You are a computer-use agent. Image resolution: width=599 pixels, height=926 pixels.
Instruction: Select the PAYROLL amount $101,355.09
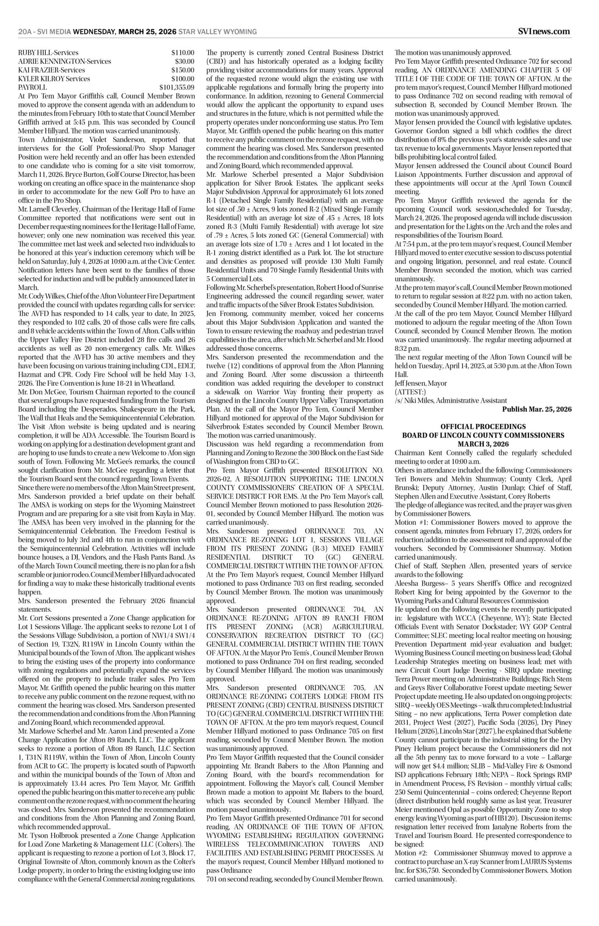177,87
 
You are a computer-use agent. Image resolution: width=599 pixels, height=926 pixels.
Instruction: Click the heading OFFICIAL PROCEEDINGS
483,426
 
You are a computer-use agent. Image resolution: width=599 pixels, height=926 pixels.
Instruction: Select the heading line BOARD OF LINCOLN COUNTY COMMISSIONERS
483,435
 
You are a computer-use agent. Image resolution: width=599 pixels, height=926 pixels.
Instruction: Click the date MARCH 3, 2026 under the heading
483,444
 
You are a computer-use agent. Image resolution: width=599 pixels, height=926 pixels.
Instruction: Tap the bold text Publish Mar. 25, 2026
537,409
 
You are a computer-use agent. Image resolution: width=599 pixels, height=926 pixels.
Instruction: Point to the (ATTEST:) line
410,392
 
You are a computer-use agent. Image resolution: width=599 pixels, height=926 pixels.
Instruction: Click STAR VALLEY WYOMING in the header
218,32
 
